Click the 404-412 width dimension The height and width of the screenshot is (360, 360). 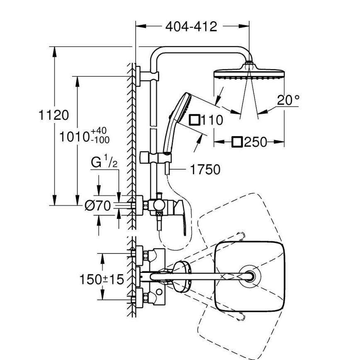191,27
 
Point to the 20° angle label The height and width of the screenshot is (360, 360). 288,100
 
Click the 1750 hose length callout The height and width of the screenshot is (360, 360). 205,169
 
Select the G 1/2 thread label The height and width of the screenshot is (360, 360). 104,162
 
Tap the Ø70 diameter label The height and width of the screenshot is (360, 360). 97,205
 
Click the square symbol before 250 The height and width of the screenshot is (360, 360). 237,142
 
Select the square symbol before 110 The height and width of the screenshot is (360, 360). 194,121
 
